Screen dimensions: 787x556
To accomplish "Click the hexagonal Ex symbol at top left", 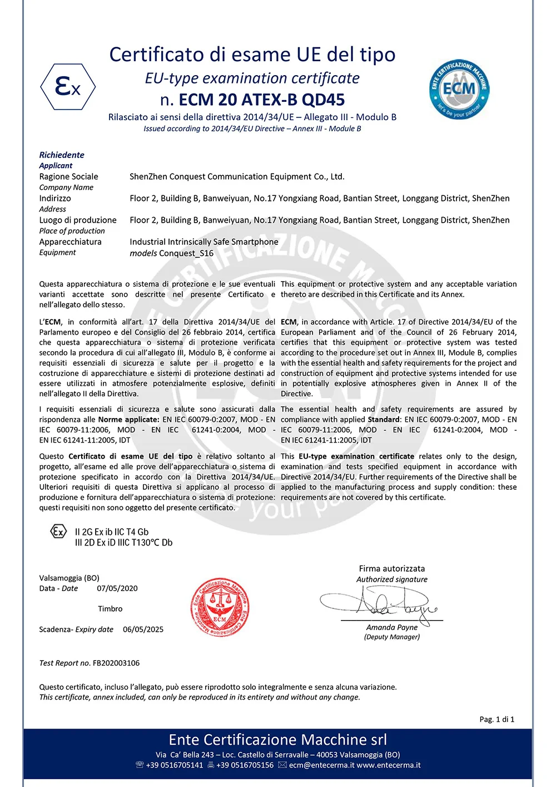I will point(68,87).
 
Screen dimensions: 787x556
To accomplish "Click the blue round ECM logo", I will point(459,89).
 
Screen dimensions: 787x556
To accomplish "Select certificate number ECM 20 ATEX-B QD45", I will point(261,100).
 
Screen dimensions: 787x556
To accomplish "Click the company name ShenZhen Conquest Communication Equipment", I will point(237,176).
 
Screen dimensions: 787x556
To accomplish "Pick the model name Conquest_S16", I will point(186,253).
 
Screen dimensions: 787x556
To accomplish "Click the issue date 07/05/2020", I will point(117,588).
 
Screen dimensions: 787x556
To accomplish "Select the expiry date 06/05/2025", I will point(143,629).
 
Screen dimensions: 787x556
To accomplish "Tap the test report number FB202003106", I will point(116,663).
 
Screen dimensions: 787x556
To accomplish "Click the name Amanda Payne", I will point(392,627).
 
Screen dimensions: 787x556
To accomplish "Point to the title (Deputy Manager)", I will point(392,637).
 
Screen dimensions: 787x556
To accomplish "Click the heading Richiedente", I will point(62,155).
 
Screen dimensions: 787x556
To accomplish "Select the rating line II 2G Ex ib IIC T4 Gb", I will point(112,532).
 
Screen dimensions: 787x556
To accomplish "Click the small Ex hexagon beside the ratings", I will point(58,532).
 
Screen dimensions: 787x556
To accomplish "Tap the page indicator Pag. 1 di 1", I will point(497,719).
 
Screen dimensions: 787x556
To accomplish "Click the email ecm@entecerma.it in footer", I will point(321,765).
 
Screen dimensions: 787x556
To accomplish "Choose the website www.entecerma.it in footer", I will point(389,765).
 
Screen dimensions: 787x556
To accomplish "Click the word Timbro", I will point(110,609).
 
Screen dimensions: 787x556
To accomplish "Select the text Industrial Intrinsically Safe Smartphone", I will point(204,242).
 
